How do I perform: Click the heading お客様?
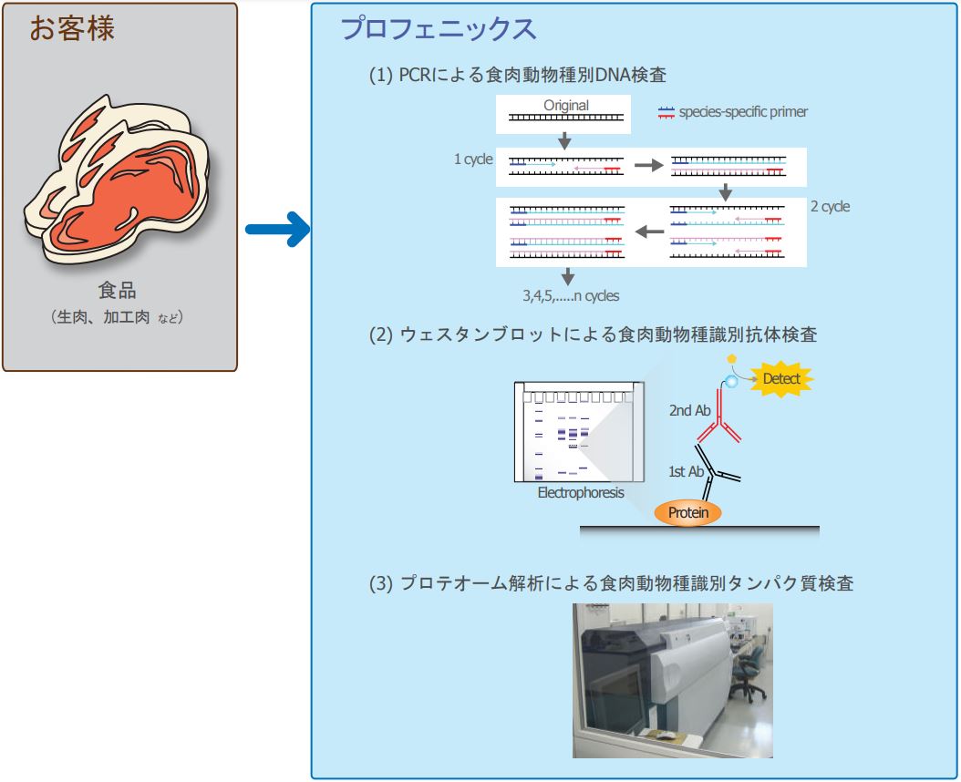pyautogui.click(x=73, y=29)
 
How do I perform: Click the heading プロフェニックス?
pyautogui.click(x=438, y=29)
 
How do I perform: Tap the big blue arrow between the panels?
pyautogui.click(x=277, y=229)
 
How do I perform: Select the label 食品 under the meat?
pyautogui.click(x=118, y=292)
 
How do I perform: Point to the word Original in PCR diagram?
pyautogui.click(x=566, y=105)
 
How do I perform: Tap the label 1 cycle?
pyautogui.click(x=473, y=159)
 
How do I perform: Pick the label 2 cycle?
pyautogui.click(x=830, y=207)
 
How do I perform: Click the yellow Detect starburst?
pyautogui.click(x=780, y=377)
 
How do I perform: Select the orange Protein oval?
pyautogui.click(x=688, y=513)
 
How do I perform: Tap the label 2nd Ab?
pyautogui.click(x=689, y=411)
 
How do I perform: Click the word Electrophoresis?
pyautogui.click(x=581, y=493)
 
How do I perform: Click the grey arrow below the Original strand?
pyautogui.click(x=564, y=140)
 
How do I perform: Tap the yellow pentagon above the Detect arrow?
pyautogui.click(x=729, y=359)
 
